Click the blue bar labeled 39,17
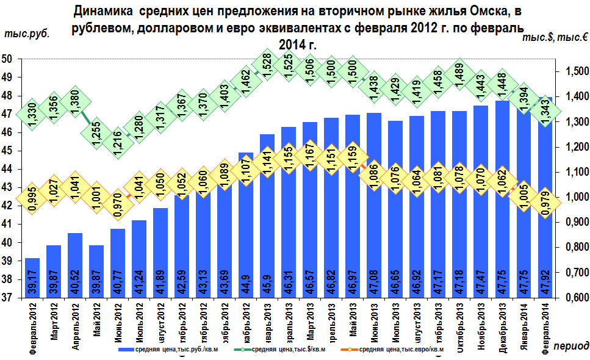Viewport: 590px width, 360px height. point(32,278)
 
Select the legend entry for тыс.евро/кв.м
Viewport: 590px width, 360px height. point(400,350)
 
